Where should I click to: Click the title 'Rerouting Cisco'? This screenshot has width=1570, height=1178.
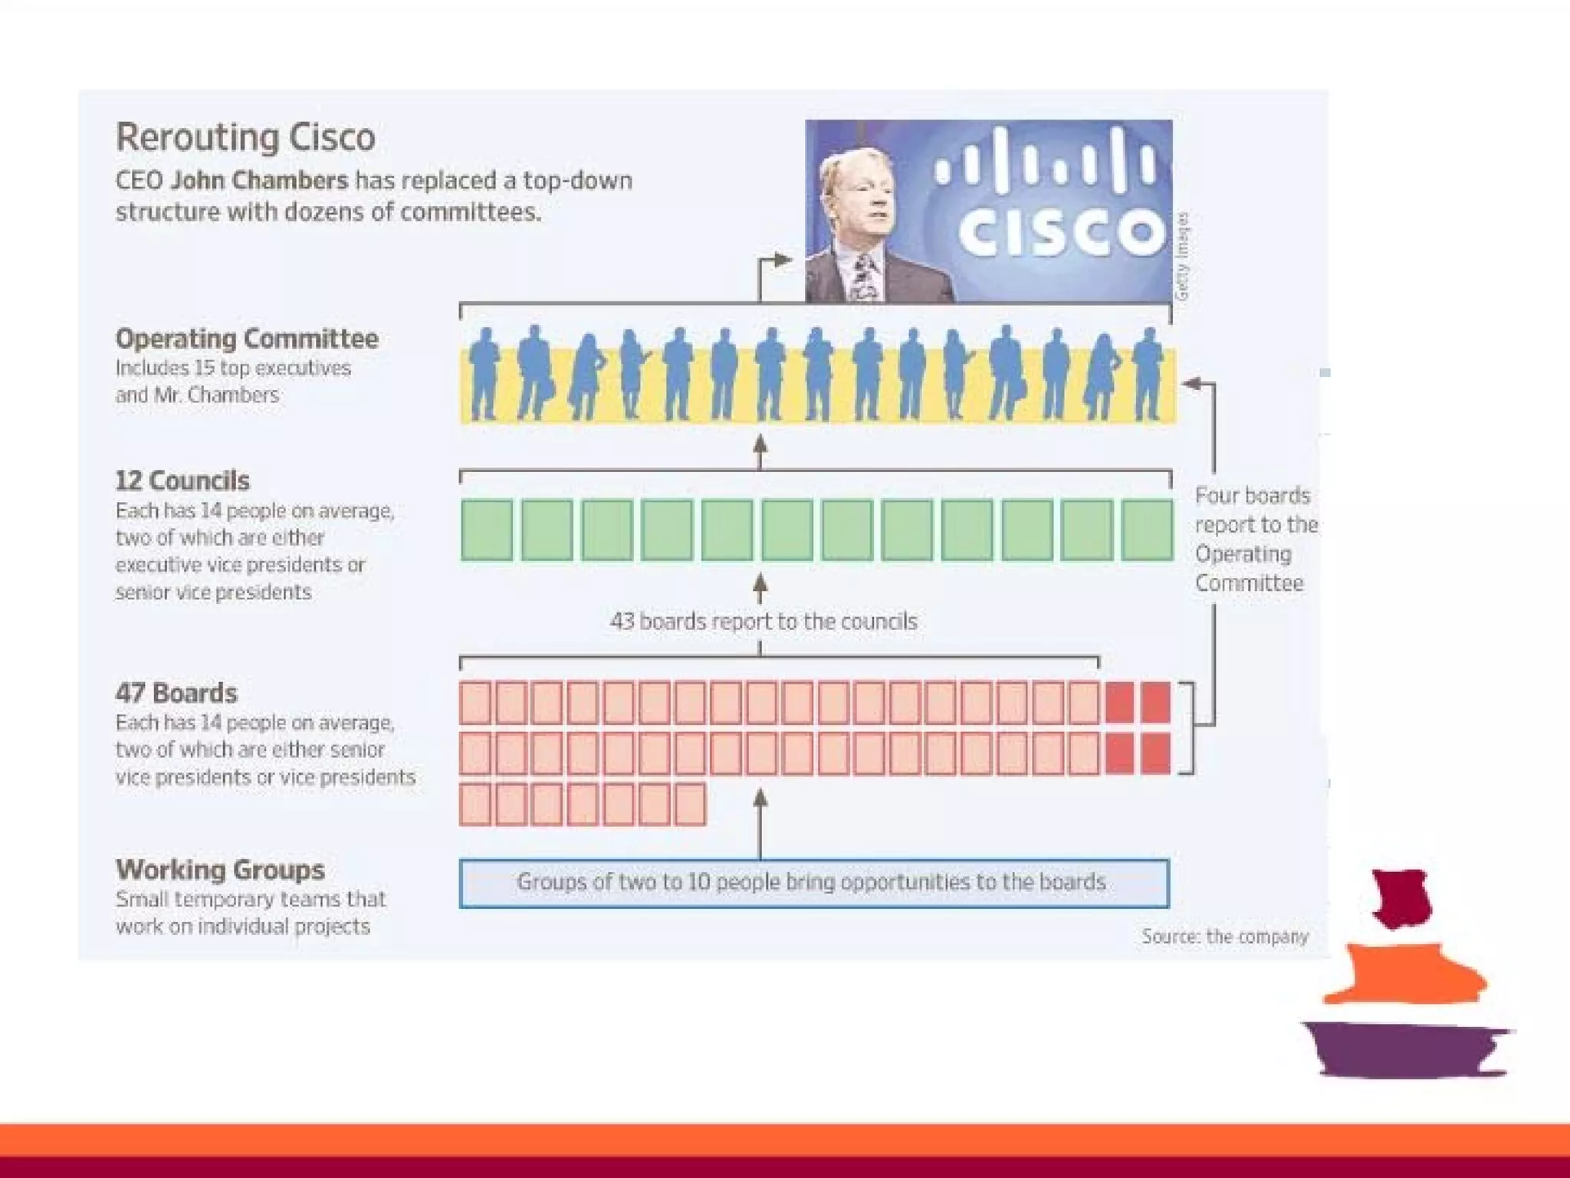pyautogui.click(x=245, y=137)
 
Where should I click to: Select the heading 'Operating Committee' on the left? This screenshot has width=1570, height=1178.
pyautogui.click(x=247, y=339)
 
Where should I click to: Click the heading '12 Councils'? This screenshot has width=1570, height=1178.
pyautogui.click(x=182, y=481)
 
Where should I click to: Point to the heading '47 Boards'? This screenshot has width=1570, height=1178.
pyautogui.click(x=176, y=693)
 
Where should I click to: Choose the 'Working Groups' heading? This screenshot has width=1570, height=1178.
pyautogui.click(x=220, y=870)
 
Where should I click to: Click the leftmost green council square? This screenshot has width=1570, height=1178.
pyautogui.click(x=487, y=530)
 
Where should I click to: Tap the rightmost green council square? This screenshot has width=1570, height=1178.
pyautogui.click(x=1147, y=530)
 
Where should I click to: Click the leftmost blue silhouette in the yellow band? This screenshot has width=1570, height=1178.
pyautogui.click(x=483, y=376)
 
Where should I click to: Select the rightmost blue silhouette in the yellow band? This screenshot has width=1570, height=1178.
pyautogui.click(x=1148, y=376)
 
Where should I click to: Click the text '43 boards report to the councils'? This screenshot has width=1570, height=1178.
pyautogui.click(x=764, y=621)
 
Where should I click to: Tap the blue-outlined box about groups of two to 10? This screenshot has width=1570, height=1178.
pyautogui.click(x=813, y=883)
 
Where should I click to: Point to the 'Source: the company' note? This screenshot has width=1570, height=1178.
pyautogui.click(x=1224, y=936)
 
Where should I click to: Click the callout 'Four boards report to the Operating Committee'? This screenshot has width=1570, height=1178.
pyautogui.click(x=1253, y=539)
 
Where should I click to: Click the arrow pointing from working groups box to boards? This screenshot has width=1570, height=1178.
pyautogui.click(x=760, y=824)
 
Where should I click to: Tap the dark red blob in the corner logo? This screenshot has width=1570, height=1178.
pyautogui.click(x=1401, y=897)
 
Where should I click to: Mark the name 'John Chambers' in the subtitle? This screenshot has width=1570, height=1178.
pyautogui.click(x=259, y=181)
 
